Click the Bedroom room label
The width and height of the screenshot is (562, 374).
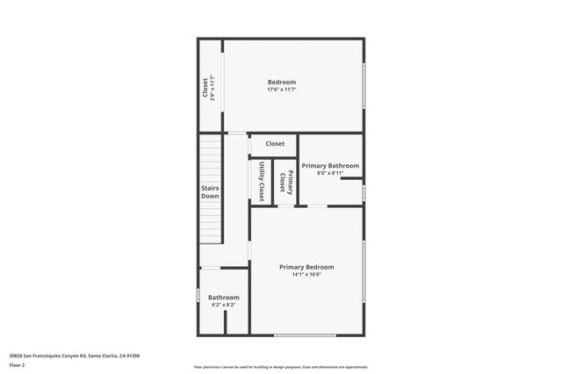tap(282, 82)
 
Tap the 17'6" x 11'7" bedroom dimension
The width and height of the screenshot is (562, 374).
tap(282, 90)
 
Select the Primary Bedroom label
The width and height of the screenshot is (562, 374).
tap(306, 267)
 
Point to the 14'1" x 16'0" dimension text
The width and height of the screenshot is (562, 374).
tap(306, 275)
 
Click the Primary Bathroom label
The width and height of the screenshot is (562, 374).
tap(330, 165)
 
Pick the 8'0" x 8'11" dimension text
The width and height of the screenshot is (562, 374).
tap(330, 173)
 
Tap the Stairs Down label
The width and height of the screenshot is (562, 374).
tap(210, 192)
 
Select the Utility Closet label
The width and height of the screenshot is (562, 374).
tap(262, 181)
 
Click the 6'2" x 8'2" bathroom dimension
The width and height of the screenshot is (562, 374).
tap(224, 306)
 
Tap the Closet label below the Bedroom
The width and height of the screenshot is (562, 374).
tap(275, 144)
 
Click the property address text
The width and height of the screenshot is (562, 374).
tap(75, 356)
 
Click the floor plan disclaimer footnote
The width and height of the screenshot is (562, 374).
tap(281, 367)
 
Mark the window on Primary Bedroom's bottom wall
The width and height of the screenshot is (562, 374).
tap(305, 334)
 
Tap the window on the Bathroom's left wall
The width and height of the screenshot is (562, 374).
tap(198, 297)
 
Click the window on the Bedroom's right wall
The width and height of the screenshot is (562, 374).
tap(363, 86)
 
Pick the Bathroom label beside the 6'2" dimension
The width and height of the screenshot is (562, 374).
tap(224, 298)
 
